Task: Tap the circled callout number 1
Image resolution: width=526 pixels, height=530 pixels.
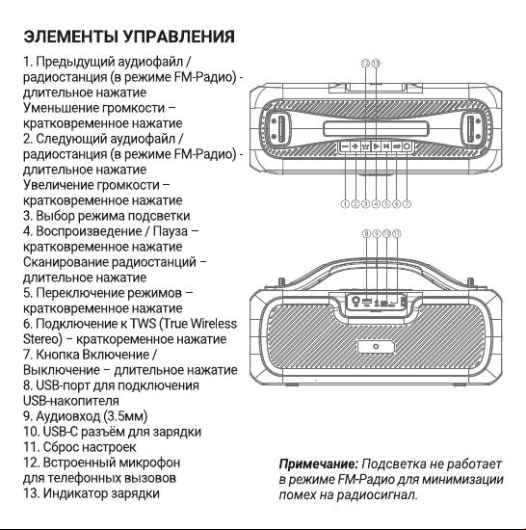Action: coord(345,204)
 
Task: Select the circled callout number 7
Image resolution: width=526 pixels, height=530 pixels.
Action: coord(408,204)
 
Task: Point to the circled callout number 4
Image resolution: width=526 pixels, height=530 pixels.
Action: coord(376,204)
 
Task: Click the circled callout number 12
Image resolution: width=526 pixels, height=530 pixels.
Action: coord(365,64)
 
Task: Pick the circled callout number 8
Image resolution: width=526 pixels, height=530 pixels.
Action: coord(366,233)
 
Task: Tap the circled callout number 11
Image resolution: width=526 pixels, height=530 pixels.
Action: coord(397,233)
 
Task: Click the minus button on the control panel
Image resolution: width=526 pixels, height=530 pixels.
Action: coord(345,146)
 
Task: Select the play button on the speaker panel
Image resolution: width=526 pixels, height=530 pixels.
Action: coord(376,146)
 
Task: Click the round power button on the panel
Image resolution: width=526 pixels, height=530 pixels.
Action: coord(408,146)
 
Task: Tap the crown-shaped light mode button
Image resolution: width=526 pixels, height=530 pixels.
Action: coord(365,146)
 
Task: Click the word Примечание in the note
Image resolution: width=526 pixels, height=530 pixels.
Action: coord(318,464)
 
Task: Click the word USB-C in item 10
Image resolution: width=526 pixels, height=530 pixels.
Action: coord(61,432)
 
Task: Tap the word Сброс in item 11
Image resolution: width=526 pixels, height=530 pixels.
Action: coord(61,447)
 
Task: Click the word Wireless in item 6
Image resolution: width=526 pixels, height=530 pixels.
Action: coord(214,324)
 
